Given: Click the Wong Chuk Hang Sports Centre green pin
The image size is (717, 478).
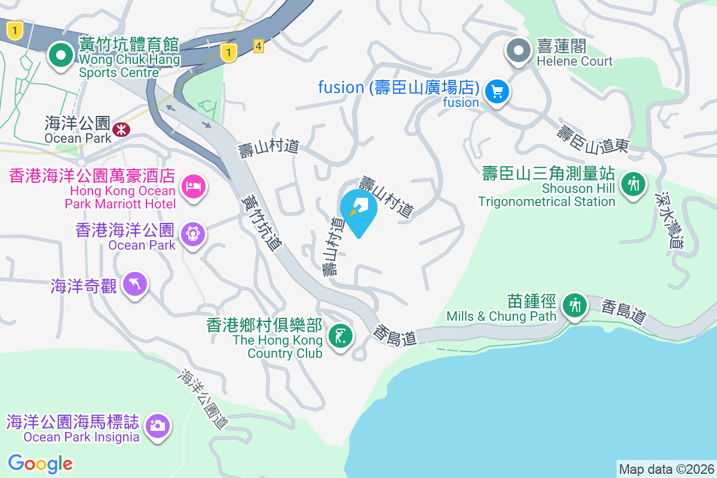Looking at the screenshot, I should [x=60, y=56].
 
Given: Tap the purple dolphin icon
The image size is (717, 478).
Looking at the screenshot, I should [x=135, y=284].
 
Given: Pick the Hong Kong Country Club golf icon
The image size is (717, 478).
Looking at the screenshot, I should [x=341, y=336].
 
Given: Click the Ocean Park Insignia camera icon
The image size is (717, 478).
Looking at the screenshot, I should [x=158, y=426].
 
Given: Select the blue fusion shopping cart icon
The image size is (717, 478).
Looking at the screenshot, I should [x=497, y=92].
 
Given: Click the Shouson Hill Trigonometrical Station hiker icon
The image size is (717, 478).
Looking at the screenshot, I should [x=633, y=183].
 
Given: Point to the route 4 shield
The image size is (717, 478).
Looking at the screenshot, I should [x=258, y=46].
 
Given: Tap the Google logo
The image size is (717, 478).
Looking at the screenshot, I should [x=41, y=463].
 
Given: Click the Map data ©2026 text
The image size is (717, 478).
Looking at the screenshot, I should [x=666, y=469].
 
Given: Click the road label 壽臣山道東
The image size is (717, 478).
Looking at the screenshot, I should [x=593, y=138].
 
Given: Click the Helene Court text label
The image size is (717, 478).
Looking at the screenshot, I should [x=574, y=61].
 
